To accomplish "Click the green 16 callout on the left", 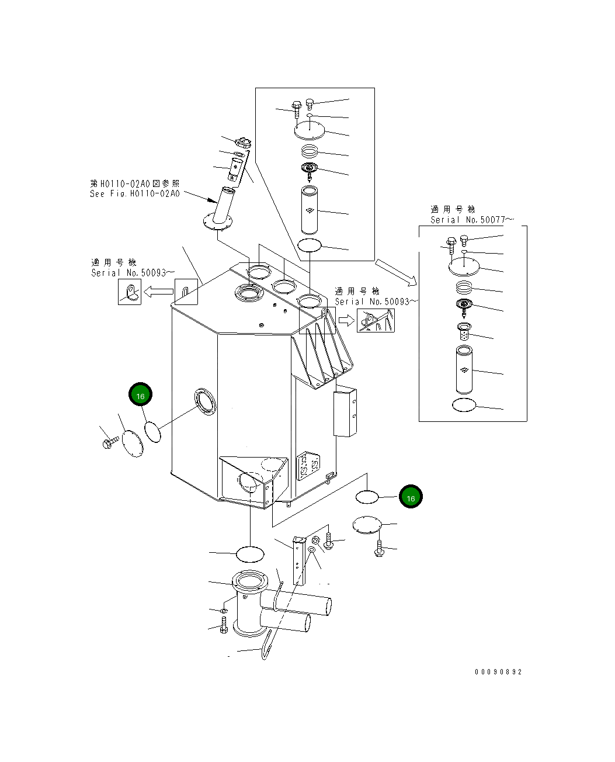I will click(140, 396).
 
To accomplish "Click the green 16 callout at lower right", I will click(411, 497).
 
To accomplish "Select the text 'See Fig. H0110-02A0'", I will click(135, 193).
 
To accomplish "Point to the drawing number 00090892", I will click(498, 671).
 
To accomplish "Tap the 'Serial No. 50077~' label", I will click(472, 220).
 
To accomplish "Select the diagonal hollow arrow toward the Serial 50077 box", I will click(396, 272).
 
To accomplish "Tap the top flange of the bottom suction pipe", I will click(250, 582).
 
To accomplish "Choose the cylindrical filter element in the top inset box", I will click(310, 209).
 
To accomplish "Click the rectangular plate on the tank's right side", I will click(344, 414).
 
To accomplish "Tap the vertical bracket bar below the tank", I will click(299, 559).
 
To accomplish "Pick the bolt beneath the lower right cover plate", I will click(379, 549).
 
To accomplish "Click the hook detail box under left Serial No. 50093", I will click(130, 292).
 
